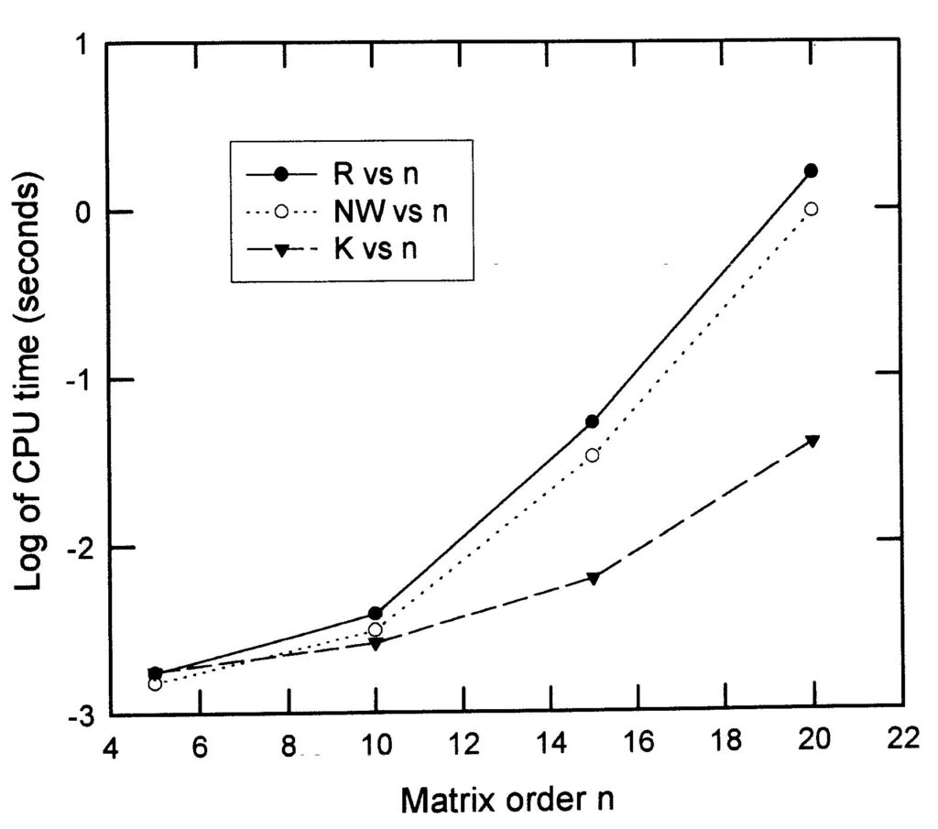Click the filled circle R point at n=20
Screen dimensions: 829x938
click(811, 171)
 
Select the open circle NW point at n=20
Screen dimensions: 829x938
click(811, 210)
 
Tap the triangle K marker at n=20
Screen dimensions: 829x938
click(812, 441)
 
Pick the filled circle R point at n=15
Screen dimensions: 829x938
click(592, 421)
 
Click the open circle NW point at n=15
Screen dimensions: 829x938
click(592, 455)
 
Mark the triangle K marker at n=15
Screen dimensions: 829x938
click(593, 578)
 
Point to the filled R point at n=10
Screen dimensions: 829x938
click(375, 614)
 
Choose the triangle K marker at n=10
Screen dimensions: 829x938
click(375, 644)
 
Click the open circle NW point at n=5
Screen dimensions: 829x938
click(155, 684)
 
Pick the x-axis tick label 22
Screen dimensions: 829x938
click(900, 740)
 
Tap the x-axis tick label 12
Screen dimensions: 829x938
click(462, 744)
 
